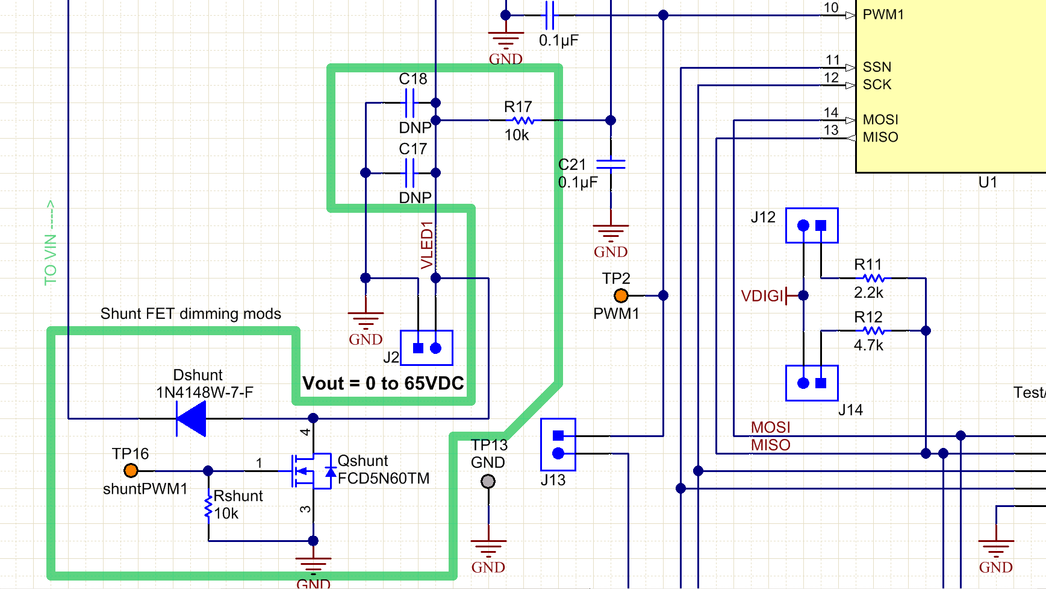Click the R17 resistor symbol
click(x=523, y=121)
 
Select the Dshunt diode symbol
click(x=191, y=418)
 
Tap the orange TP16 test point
click(x=131, y=470)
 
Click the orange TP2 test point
click(x=621, y=295)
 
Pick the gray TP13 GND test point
click(x=488, y=482)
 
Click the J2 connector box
click(x=426, y=348)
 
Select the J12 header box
click(x=812, y=225)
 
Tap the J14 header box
click(x=812, y=383)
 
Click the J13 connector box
click(x=558, y=444)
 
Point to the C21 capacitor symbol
click(x=611, y=164)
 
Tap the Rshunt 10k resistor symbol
click(x=208, y=506)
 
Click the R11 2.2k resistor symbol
click(x=873, y=279)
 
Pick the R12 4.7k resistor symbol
click(x=873, y=330)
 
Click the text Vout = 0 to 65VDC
click(x=383, y=383)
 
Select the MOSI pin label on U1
click(x=880, y=120)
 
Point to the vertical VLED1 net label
click(x=427, y=245)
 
